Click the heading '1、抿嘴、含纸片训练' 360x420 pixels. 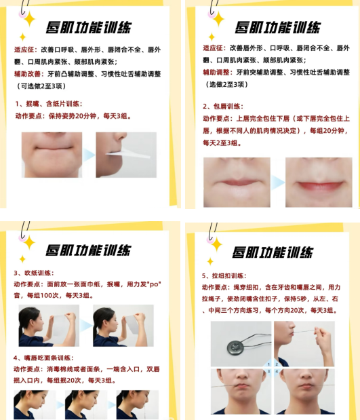pyautogui.click(x=48, y=104)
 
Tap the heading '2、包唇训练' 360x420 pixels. pyautogui.click(x=222, y=107)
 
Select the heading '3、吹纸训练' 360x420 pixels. pyautogui.click(x=34, y=273)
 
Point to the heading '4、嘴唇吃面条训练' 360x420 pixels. pyautogui.click(x=43, y=358)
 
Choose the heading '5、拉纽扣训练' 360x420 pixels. pyautogui.click(x=224, y=275)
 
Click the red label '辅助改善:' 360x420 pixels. pyautogui.click(x=29, y=74)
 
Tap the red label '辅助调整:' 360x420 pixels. pyautogui.click(x=218, y=72)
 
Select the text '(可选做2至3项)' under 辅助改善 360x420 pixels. pyautogui.click(x=41, y=86)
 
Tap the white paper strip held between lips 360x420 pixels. pyautogui.click(x=128, y=154)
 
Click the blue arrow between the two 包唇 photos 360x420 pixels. pyautogui.click(x=277, y=183)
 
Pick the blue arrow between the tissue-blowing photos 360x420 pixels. pyautogui.click(x=86, y=326)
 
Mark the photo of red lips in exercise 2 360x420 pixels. pyautogui.click(x=319, y=182)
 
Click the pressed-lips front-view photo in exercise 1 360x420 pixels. pyautogui.click(x=52, y=155)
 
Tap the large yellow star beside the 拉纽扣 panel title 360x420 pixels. pyautogui.click(x=217, y=244)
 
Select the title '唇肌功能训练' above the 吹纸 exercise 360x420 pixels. pyautogui.click(x=88, y=250)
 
